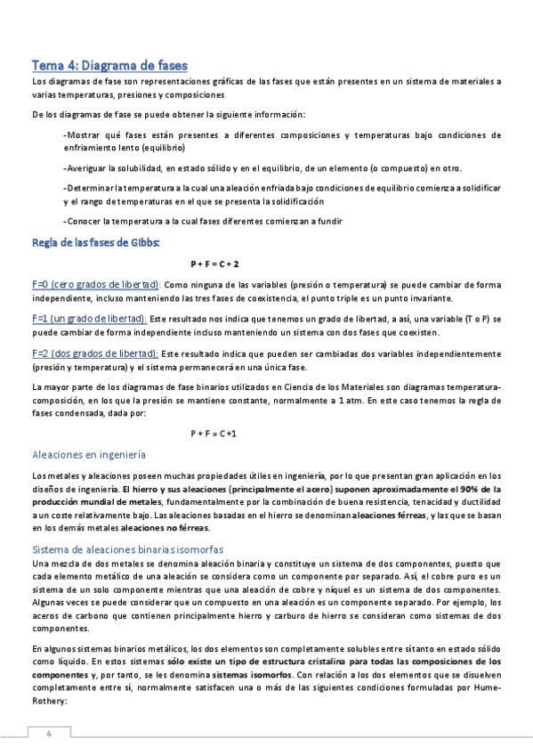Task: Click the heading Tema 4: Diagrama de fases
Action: [x=110, y=65]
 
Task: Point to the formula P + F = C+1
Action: [x=214, y=433]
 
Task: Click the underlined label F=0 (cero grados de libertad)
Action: [x=95, y=284]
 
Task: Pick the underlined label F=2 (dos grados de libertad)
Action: [x=95, y=353]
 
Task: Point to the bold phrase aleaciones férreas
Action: [x=388, y=515]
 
